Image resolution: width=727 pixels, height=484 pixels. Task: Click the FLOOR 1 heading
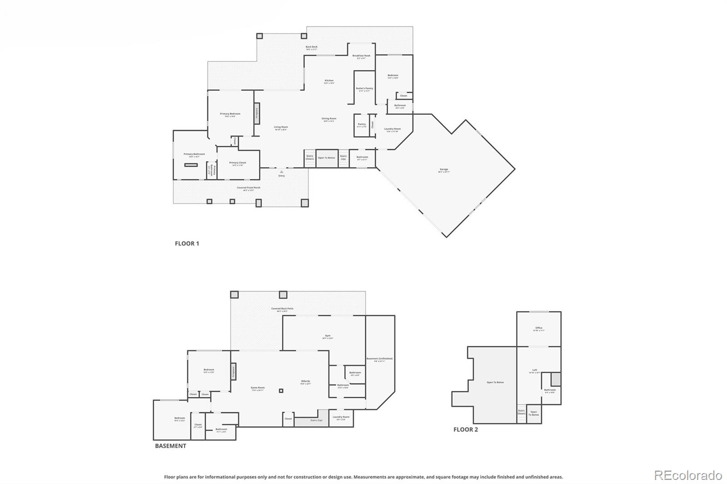click(187, 243)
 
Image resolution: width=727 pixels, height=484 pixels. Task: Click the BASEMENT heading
click(170, 446)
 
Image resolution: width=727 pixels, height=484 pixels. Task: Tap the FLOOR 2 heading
click(465, 430)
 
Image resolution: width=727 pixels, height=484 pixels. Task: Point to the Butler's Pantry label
click(364, 89)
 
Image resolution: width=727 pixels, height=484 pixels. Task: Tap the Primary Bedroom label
click(230, 114)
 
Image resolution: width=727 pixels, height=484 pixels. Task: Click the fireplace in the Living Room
click(257, 113)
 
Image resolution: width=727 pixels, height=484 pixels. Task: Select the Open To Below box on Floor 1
click(327, 158)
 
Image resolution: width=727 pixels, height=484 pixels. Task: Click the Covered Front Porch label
click(249, 188)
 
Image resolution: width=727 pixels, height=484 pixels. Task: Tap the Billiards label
click(305, 382)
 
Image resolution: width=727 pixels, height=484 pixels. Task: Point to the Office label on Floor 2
click(538, 328)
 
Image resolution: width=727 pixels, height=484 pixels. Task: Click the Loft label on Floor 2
click(534, 370)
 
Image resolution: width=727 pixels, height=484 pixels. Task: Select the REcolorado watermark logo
click(687, 475)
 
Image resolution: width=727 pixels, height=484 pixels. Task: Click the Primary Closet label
click(237, 163)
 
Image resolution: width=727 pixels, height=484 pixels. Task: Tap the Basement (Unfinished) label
click(379, 359)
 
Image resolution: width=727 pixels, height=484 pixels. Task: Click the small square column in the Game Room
click(281, 390)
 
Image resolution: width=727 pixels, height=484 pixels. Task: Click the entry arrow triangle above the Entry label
click(282, 172)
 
